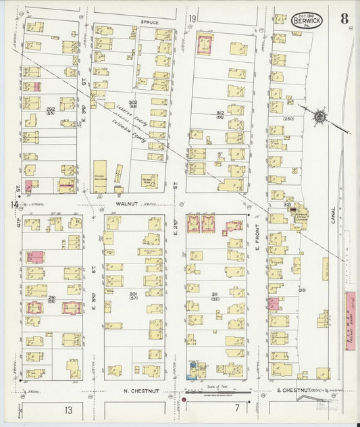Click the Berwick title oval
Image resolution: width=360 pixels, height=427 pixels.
coord(307,20)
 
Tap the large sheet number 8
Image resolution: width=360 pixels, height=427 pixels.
coord(344,18)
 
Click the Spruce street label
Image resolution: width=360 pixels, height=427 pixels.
coord(149,22)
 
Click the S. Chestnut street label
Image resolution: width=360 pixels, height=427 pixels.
coord(293,391)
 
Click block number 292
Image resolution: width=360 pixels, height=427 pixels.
coord(51,107)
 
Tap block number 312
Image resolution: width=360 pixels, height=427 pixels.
coord(219,113)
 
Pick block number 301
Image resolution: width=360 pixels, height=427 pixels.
coord(133,293)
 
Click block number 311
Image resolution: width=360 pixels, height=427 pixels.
coord(215,294)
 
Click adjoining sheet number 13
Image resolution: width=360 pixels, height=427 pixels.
coord(68,410)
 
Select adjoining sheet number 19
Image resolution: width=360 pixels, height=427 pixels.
coord(192,18)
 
